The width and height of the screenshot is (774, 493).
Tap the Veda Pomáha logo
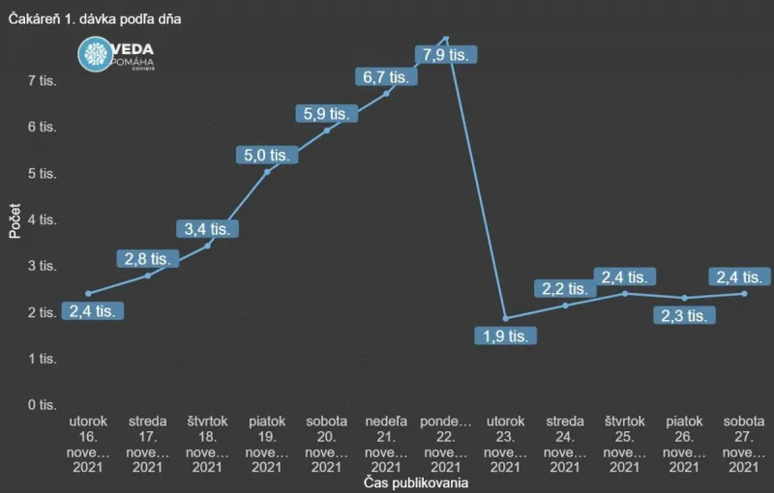[x=115, y=55]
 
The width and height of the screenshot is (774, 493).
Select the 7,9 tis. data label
[x=443, y=54]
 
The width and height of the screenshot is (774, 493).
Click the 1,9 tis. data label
[x=504, y=335]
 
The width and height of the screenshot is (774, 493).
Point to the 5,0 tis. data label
[x=265, y=154]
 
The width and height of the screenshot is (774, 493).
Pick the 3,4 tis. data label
[x=207, y=229]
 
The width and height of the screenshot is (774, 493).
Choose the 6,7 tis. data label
[x=384, y=75]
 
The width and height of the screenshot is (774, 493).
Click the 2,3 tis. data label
[x=682, y=315]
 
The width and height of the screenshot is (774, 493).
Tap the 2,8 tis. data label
[x=148, y=258]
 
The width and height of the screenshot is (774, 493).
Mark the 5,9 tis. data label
[x=326, y=113]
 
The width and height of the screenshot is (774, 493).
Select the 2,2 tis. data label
[x=564, y=288]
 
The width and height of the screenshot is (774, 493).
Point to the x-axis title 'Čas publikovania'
[x=416, y=482]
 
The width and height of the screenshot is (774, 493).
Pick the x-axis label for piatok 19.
[x=267, y=445]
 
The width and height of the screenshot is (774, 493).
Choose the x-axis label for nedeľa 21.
[x=386, y=445]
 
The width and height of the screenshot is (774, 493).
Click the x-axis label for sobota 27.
[x=743, y=445]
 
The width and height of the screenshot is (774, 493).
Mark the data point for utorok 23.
[x=505, y=318]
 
